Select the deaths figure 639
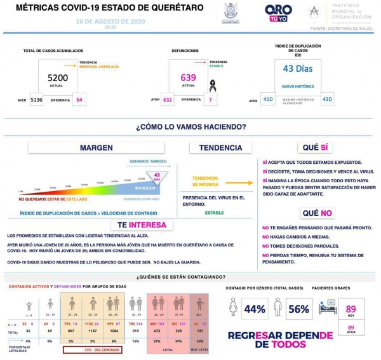189,77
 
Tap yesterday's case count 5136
36,100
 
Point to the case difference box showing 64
79,100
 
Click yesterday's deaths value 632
168,100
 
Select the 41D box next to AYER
269,100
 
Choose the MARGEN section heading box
96,148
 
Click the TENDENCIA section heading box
220,148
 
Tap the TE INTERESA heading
141,225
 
